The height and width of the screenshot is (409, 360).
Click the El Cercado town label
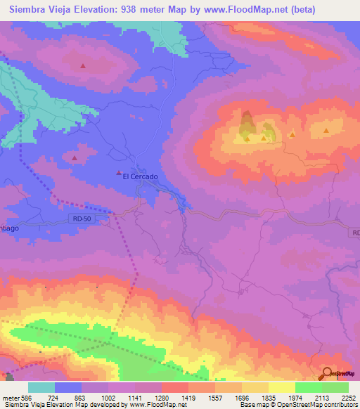[140, 176]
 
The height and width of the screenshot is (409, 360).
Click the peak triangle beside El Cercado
[118, 173]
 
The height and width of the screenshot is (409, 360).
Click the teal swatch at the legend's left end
[41, 387]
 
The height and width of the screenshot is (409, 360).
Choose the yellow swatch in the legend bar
[281, 387]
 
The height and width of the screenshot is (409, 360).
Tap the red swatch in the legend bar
[174, 387]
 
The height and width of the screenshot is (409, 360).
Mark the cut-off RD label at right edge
[355, 233]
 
